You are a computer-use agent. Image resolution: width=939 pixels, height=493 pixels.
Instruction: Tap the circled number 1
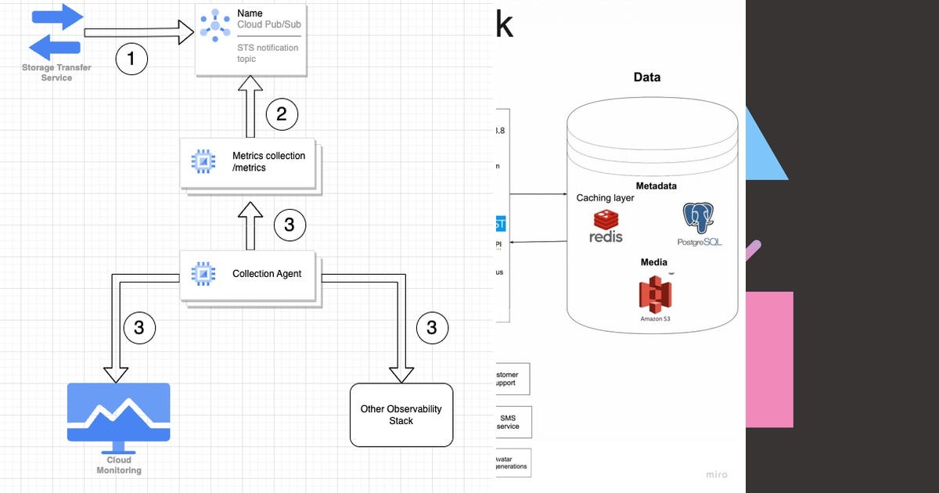click(x=131, y=59)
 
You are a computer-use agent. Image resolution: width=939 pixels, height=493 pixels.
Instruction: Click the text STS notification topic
click(x=268, y=53)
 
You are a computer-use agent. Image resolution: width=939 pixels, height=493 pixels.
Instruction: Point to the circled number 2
click(x=282, y=115)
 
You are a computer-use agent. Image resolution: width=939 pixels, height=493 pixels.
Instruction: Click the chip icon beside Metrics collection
click(x=203, y=161)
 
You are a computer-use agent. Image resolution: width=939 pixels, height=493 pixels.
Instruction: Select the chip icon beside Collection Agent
click(x=203, y=273)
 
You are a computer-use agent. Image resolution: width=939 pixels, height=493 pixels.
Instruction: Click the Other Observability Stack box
click(x=401, y=415)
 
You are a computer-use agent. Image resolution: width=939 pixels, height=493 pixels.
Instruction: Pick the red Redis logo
click(x=606, y=225)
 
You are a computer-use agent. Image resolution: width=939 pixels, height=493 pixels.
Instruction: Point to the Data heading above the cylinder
click(x=646, y=77)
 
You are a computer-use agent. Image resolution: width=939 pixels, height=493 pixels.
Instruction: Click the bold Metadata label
click(x=656, y=186)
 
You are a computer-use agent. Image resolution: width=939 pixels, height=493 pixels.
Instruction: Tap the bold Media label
click(x=653, y=262)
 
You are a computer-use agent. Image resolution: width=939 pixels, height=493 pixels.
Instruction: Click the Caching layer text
click(x=605, y=198)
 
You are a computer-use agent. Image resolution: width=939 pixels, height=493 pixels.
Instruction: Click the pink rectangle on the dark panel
click(x=769, y=359)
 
